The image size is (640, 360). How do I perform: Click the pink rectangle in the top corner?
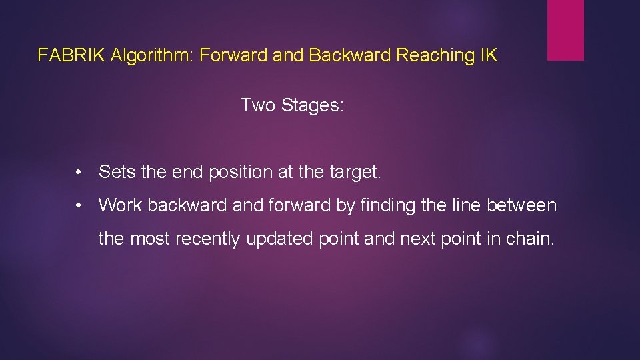pos(565,30)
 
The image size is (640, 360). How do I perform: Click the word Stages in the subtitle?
pos(313,105)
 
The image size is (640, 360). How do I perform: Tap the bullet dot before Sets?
pos(79,173)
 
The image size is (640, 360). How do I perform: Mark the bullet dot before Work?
pos(79,206)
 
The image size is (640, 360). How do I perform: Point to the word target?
pos(355,172)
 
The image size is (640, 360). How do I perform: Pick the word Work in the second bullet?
pos(121,205)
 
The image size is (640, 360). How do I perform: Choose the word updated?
pos(279,239)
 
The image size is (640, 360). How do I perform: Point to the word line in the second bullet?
pos(466,205)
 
